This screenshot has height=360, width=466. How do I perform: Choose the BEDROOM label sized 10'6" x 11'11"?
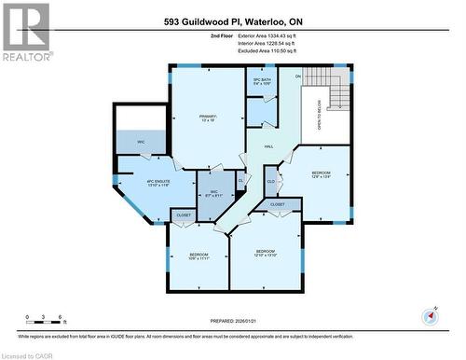tap(199, 256)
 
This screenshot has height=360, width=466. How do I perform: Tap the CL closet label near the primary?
tap(240, 180)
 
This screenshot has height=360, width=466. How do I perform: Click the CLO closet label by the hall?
tap(270, 181)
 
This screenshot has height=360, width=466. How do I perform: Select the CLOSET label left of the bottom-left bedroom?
tap(185, 215)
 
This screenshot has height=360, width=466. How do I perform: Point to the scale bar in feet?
tap(44, 322)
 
